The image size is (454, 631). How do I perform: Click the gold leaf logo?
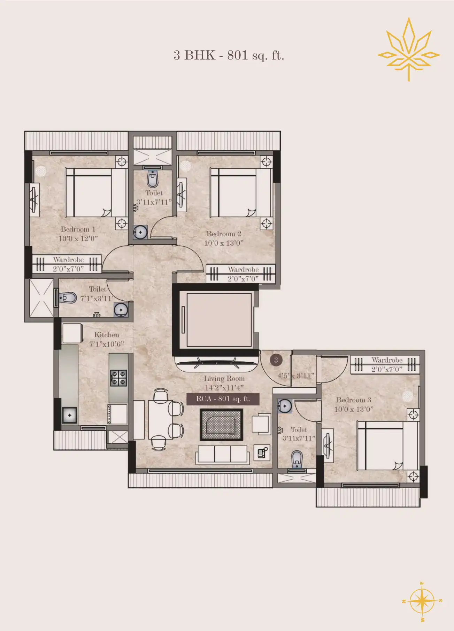409,49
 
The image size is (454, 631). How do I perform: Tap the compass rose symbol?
422,601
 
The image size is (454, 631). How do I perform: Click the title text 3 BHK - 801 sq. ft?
229,55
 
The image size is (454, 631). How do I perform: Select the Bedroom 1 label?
78,229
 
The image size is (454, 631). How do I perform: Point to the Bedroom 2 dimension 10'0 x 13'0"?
224,243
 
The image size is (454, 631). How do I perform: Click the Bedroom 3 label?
354,400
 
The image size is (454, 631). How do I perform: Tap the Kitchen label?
107,335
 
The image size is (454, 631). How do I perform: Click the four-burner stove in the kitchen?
118,378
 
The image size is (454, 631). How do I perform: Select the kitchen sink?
70,415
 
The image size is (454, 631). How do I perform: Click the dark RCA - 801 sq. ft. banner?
223,399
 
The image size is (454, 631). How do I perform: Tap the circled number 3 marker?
276,360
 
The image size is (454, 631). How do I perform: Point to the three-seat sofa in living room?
223,455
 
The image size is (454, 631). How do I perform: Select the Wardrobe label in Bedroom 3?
387,360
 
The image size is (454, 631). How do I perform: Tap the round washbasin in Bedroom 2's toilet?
140,232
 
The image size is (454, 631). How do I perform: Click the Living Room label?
224,379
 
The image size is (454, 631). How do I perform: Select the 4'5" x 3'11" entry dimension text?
296,376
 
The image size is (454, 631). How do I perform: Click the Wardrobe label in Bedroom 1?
68,260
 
